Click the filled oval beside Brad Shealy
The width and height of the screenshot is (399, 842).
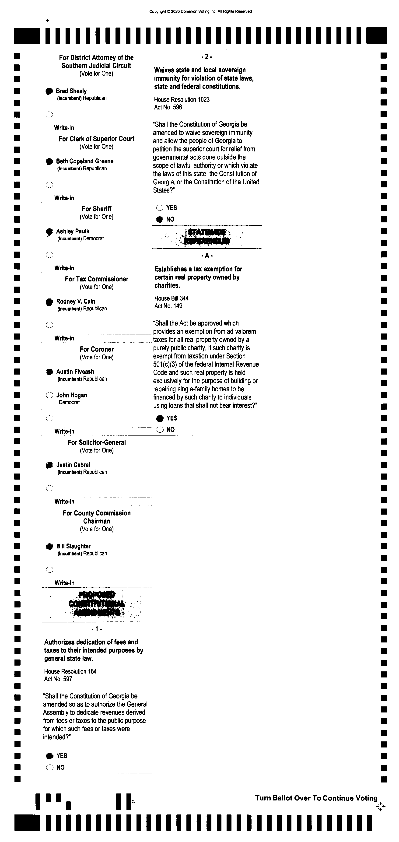tap(49, 91)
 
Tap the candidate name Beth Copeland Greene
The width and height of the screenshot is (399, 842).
tap(85, 161)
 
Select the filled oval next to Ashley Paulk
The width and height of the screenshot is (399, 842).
tap(49, 232)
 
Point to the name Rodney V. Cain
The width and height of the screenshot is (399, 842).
tap(76, 301)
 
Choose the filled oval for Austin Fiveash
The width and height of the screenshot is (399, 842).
tap(49, 372)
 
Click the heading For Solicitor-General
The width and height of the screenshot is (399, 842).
tap(97, 442)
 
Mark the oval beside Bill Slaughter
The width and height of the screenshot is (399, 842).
tap(49, 547)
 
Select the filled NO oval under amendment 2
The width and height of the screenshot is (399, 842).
tap(160, 219)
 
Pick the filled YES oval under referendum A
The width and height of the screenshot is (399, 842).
tap(160, 418)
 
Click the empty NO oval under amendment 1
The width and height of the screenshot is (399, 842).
tap(50, 768)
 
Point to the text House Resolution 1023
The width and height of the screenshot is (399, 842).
tap(182, 99)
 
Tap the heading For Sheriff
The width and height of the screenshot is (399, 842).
tap(97, 209)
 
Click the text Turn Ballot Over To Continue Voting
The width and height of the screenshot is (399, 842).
tap(316, 798)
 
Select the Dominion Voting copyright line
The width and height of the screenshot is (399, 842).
tap(200, 11)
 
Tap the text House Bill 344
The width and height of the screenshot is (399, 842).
tap(171, 298)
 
